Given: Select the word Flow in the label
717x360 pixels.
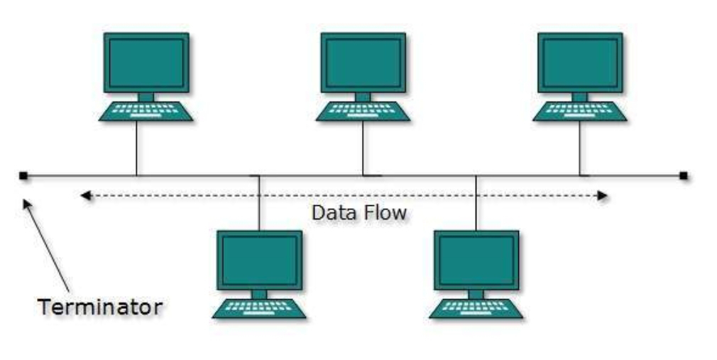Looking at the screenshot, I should click(383, 212).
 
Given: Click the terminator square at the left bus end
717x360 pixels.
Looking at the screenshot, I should click(23, 175).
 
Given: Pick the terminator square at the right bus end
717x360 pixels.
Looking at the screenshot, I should click(683, 175).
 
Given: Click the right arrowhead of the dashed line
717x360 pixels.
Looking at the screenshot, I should click(604, 195).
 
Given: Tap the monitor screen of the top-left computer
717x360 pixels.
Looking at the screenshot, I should click(146, 62).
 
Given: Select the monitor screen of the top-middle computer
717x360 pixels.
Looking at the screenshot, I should click(362, 62).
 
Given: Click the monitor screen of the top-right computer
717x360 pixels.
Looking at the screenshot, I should click(579, 62).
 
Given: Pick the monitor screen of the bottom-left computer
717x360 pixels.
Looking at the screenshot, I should click(259, 260).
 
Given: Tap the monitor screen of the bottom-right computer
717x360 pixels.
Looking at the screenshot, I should click(476, 260).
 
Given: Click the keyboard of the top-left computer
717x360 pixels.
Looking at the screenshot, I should click(146, 111).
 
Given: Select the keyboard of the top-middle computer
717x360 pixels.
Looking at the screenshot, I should click(362, 111).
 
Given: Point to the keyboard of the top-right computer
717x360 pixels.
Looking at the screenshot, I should click(579, 111).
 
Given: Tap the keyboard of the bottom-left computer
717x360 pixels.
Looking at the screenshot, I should click(259, 308).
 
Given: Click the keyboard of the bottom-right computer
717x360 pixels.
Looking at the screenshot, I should click(476, 308).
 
